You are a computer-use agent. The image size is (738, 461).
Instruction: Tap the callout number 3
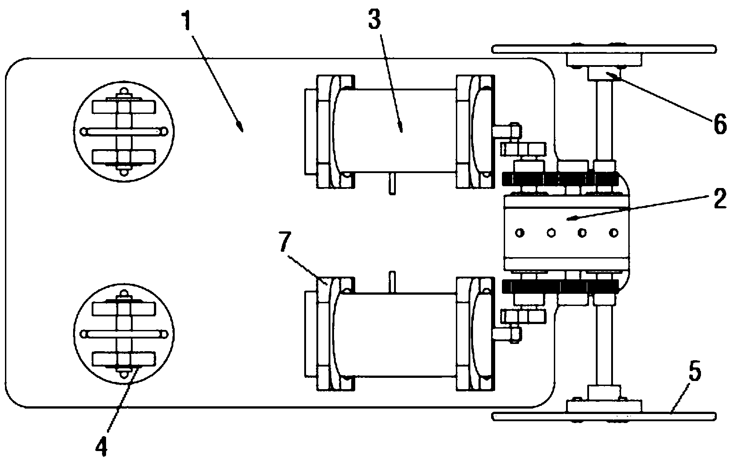tap(375, 19)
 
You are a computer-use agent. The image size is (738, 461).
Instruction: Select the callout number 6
tap(720, 124)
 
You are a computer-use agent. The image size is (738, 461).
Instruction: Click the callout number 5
tap(695, 371)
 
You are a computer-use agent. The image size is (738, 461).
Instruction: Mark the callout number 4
tap(101, 447)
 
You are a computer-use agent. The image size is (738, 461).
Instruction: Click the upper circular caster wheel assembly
tap(124, 132)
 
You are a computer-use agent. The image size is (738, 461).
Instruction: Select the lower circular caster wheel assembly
tap(124, 334)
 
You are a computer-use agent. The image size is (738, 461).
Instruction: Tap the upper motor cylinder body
tap(395, 131)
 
